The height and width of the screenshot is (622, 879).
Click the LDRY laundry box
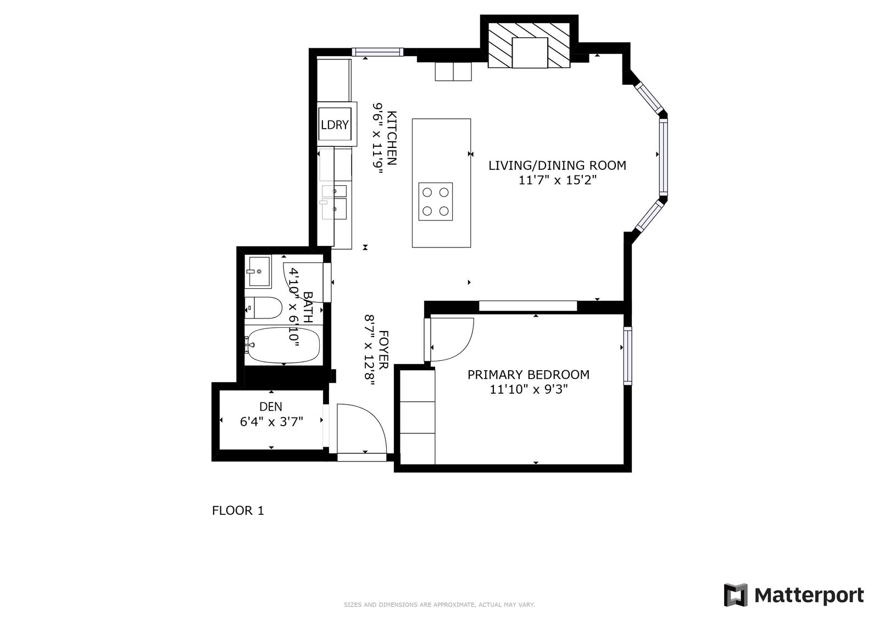(x=335, y=124)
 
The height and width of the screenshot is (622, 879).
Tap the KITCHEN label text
(x=392, y=138)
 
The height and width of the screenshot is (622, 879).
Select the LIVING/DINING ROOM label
(x=557, y=166)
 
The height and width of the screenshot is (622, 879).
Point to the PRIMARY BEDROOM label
(x=528, y=375)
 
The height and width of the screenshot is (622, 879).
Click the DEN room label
(x=271, y=406)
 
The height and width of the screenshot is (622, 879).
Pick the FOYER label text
(x=383, y=350)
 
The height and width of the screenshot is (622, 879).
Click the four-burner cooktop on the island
(x=436, y=202)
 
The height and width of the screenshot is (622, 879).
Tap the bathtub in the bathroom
(x=282, y=345)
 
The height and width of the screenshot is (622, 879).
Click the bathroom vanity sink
(x=258, y=271)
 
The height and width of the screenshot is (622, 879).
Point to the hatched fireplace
(x=529, y=45)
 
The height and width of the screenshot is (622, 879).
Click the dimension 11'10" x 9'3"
(x=528, y=389)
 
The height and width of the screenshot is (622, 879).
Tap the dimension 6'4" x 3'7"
(x=271, y=422)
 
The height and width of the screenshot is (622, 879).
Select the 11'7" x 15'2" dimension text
(x=558, y=180)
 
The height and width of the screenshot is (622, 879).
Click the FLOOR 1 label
(x=238, y=510)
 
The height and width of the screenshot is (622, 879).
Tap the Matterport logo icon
(x=736, y=595)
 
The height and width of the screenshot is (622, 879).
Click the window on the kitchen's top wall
(x=377, y=52)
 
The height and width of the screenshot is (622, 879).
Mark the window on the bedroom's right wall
(x=628, y=356)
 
